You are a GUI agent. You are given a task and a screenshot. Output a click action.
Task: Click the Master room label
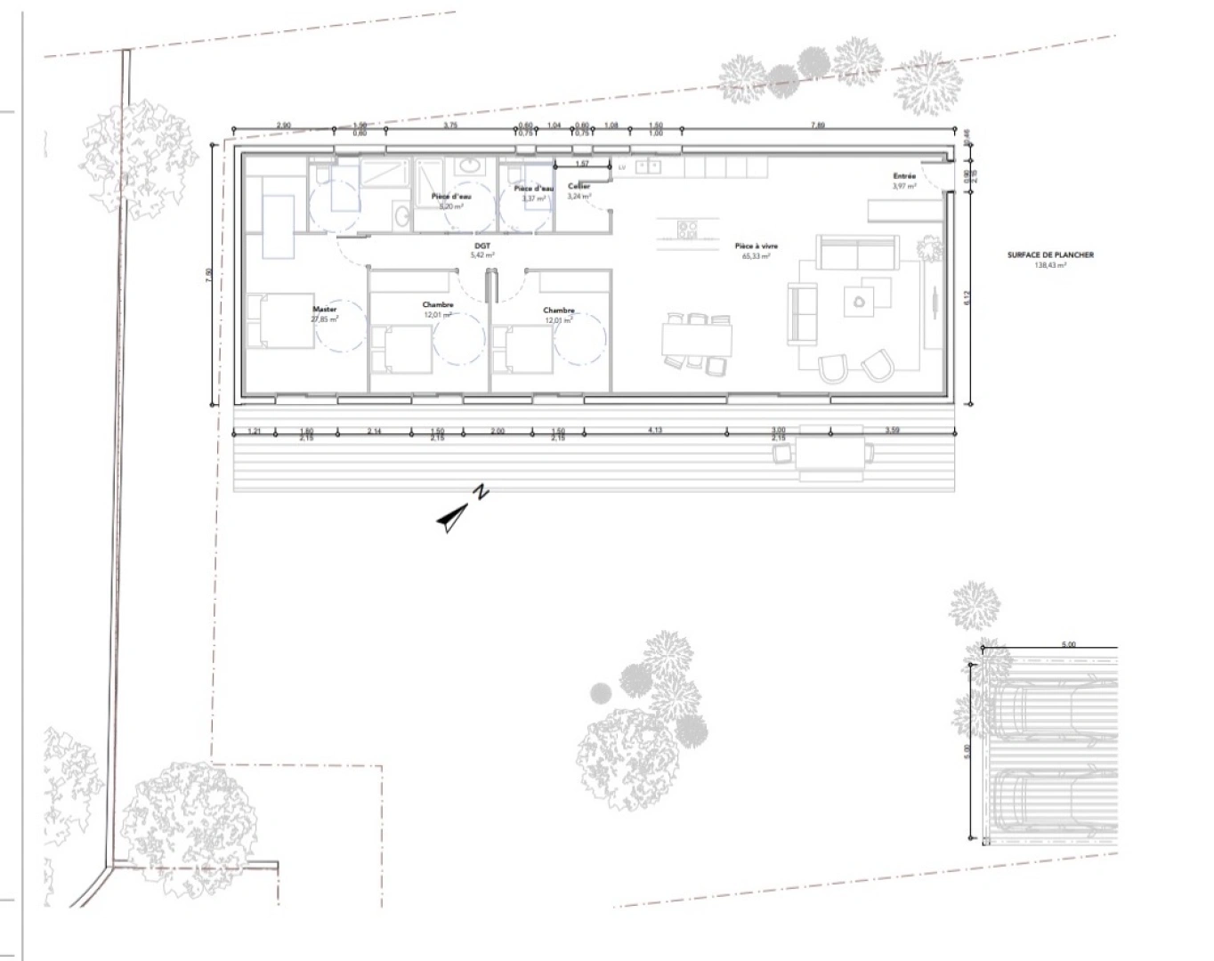(324, 309)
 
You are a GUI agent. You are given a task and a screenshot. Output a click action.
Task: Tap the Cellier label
(579, 186)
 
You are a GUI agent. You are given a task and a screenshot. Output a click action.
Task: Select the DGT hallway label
(482, 246)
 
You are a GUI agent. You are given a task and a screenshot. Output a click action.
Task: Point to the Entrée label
(904, 176)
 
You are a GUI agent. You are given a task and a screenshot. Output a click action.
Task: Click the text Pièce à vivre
(756, 246)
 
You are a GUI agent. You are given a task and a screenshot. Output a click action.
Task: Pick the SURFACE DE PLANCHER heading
(1050, 254)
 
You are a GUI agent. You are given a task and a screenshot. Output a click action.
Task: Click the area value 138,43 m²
(1050, 265)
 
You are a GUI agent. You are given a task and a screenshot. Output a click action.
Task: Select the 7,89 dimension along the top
(817, 125)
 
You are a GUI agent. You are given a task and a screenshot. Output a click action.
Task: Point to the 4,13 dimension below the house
(654, 431)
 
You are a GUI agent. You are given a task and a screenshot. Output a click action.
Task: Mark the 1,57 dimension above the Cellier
(582, 164)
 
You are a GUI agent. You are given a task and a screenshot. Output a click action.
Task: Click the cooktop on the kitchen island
(687, 230)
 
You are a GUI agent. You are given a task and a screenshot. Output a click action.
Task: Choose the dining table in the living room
(697, 339)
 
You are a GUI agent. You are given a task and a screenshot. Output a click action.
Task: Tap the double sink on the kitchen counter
(648, 166)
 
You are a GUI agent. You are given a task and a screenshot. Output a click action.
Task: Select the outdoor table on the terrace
(830, 454)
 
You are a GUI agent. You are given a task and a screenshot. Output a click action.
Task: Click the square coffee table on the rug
(860, 301)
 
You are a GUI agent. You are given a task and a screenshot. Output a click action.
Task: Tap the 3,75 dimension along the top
(450, 125)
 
